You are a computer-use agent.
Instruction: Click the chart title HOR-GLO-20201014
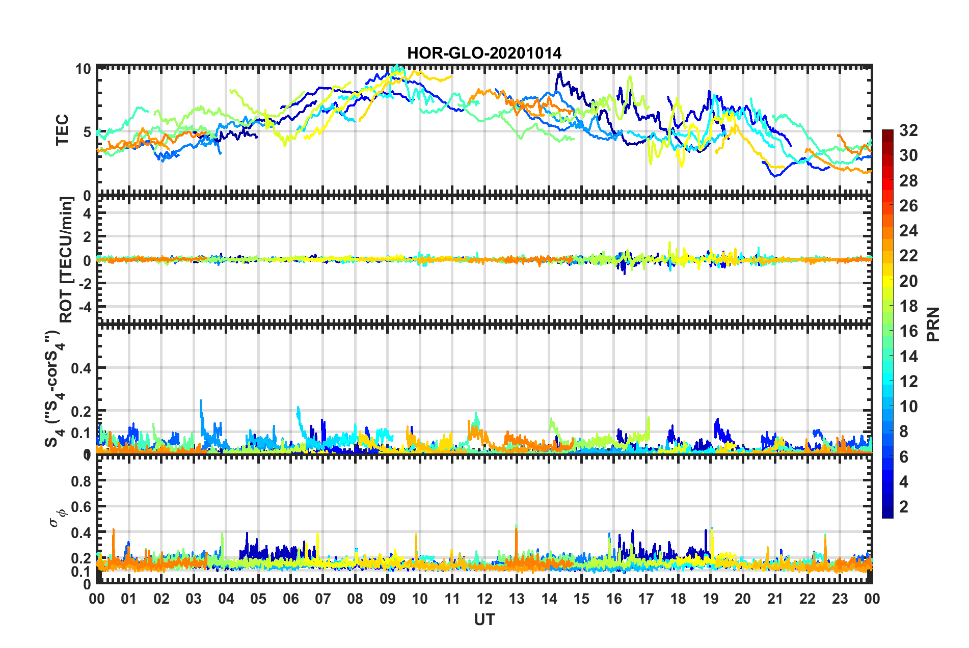tap(484, 53)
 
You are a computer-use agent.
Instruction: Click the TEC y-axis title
tap(62, 130)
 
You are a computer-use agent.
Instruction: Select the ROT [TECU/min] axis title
tap(66, 260)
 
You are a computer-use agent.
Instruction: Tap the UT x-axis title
tap(484, 619)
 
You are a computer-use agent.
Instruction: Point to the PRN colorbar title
tap(933, 324)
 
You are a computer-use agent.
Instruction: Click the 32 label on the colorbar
tap(908, 130)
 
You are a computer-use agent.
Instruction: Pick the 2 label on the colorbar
tap(904, 506)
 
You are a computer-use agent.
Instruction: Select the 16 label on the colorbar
tap(908, 331)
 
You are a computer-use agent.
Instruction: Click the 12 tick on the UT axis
tap(485, 599)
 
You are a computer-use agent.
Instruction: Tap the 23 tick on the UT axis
tap(840, 599)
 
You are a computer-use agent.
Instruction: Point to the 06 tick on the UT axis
tap(290, 599)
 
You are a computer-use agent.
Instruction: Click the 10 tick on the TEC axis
tap(83, 69)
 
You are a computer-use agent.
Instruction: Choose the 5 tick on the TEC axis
tap(87, 132)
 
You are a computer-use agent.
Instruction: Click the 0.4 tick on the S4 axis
tap(81, 368)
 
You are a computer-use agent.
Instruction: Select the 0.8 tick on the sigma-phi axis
tap(81, 481)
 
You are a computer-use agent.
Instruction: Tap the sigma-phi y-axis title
tap(58, 517)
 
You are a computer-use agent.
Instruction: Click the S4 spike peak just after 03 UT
tap(201, 401)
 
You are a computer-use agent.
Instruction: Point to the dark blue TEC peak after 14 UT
tap(559, 73)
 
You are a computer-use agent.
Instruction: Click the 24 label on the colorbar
tap(908, 231)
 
